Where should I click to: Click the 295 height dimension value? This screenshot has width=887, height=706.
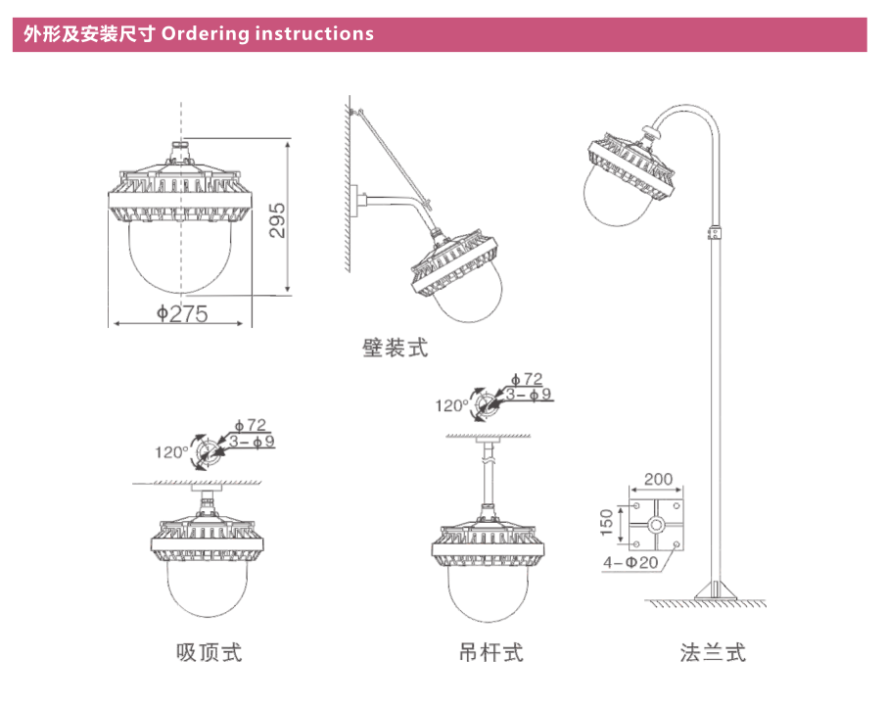277,221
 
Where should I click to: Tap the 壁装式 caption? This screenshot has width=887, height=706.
396,347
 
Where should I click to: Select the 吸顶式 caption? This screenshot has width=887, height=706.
209,651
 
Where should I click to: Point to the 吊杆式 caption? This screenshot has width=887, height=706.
491,651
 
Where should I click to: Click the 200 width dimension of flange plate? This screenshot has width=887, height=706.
659,480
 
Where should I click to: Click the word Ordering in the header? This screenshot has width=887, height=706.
206,34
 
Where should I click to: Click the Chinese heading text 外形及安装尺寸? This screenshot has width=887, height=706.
88,34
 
